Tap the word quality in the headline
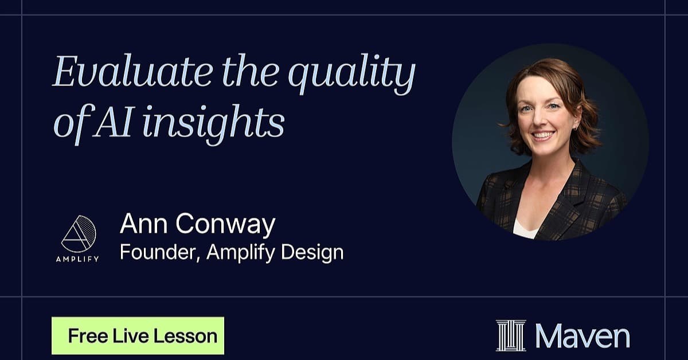351,74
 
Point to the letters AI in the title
113,122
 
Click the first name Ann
144,224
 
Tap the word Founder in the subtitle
160,252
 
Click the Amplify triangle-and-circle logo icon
79,234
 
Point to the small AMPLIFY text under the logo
77,259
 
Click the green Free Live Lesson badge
138,335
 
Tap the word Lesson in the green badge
185,336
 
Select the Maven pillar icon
511,335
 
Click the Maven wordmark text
583,336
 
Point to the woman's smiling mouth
543,135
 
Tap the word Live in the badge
131,336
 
